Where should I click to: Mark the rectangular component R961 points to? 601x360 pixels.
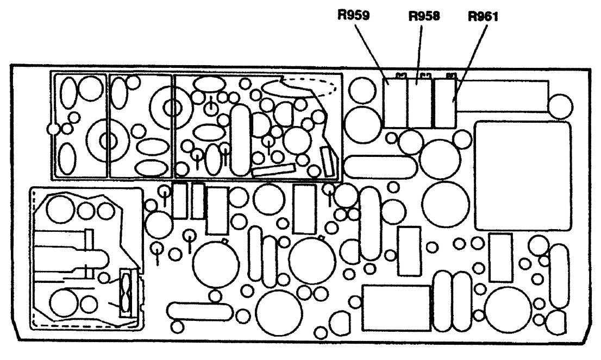click(x=445, y=103)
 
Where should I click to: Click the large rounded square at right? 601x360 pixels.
click(x=522, y=175)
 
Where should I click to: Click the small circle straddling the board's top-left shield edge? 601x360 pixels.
click(x=53, y=129)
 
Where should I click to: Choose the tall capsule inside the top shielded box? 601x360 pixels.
click(x=241, y=134)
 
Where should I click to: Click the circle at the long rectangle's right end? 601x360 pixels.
click(x=560, y=105)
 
